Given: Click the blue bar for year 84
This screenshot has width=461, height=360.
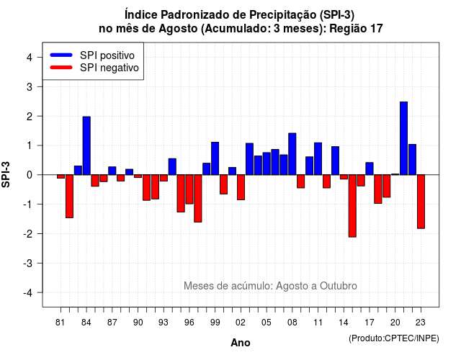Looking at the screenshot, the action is point(86,145).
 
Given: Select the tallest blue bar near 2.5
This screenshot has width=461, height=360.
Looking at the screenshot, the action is point(403,138).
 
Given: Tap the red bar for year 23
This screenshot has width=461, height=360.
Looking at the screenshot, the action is point(421,202).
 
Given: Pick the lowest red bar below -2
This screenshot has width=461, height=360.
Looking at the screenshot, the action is point(352,206).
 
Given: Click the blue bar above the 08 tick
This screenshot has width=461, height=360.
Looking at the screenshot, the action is point(292,154).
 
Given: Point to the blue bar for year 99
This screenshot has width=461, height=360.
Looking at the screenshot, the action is point(215,158).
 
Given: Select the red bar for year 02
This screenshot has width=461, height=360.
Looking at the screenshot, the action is point(241,187).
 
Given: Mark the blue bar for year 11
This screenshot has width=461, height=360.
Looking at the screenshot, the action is point(318,158).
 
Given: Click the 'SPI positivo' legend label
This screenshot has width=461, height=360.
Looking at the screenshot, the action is point(107,55).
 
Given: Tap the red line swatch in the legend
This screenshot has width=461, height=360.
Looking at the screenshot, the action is point(61,68).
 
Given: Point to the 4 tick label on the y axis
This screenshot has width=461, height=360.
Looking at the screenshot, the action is point(30,58).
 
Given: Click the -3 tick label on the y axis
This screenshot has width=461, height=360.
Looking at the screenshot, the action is point(28,264).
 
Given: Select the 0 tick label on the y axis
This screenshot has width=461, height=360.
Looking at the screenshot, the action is point(30,175).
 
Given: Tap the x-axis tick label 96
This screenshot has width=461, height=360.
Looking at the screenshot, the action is point(189,323).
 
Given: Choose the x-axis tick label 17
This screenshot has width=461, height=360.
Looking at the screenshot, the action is point(370,323).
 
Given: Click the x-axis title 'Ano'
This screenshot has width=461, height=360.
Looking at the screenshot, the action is point(241,343).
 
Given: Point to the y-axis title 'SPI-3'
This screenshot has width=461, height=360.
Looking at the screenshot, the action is point(6,174).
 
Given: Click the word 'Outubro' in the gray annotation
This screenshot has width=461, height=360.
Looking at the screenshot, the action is point(339,286).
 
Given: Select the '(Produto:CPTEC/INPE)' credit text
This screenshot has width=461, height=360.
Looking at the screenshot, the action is point(394,338).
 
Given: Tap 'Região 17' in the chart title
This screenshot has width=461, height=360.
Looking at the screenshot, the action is point(356,29).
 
